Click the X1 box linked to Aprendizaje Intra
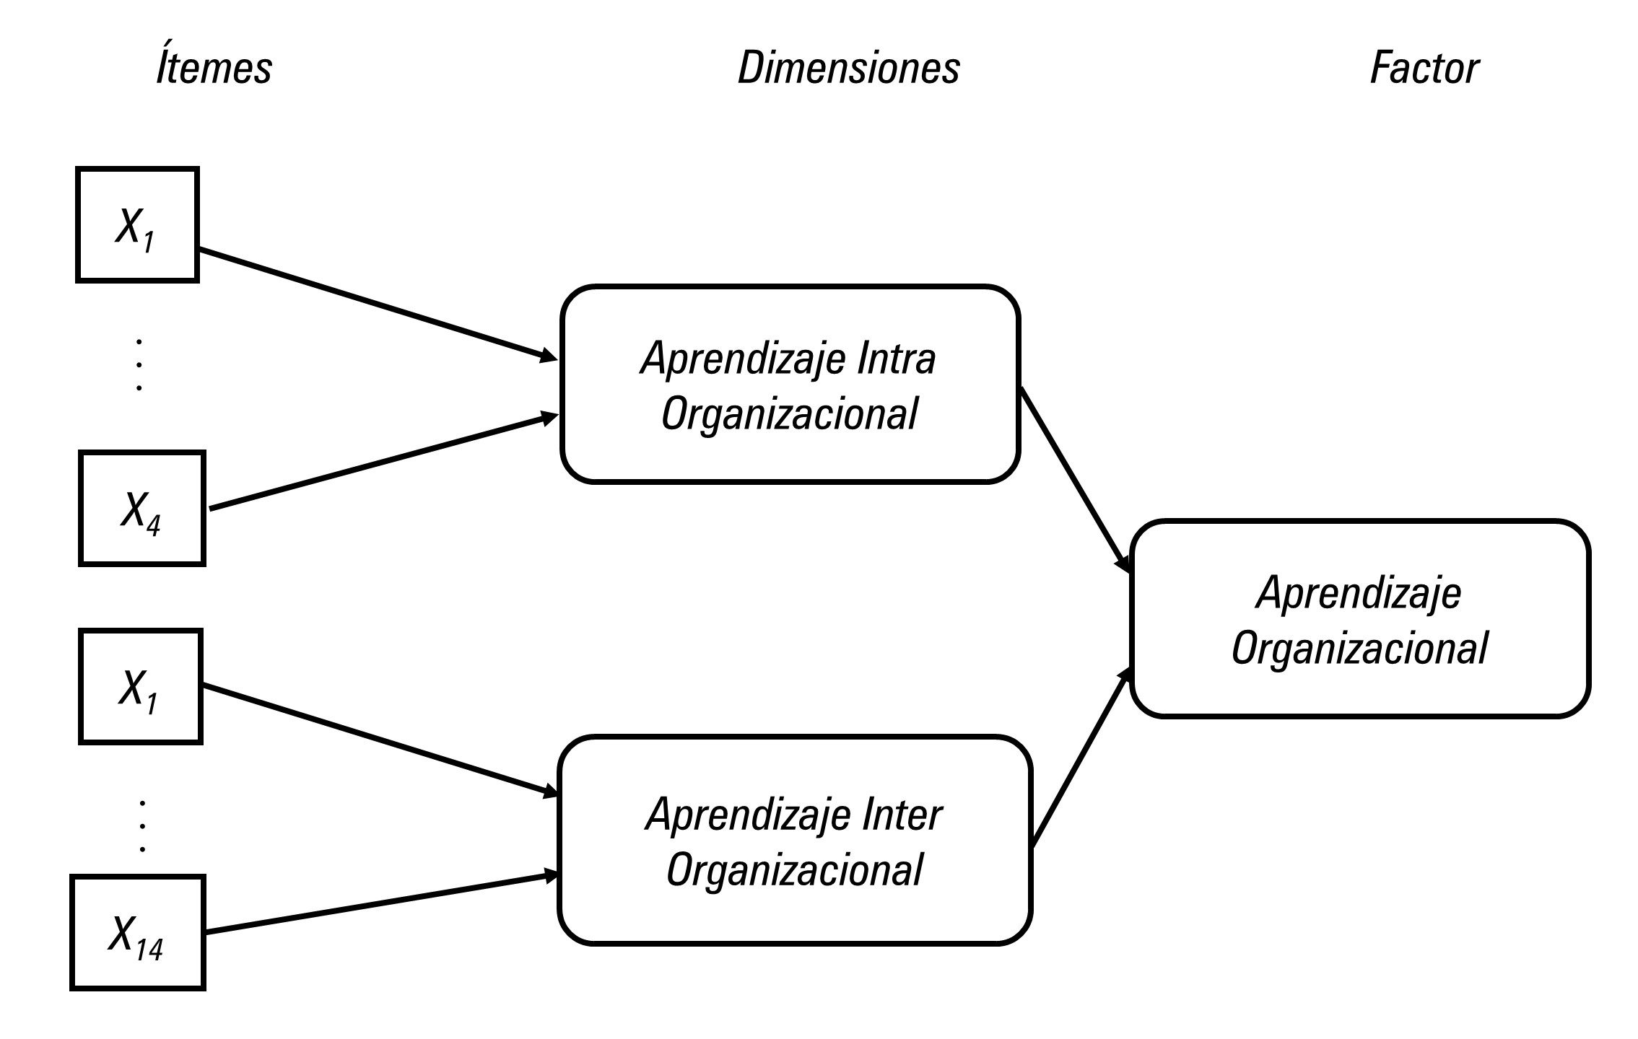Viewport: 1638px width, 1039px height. click(x=137, y=224)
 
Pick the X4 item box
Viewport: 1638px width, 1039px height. click(x=141, y=508)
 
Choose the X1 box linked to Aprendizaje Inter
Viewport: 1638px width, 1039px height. click(x=140, y=686)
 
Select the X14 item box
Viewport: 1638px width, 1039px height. click(x=137, y=932)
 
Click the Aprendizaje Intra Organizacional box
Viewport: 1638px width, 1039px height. click(x=790, y=385)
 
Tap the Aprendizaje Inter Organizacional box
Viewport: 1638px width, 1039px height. click(x=794, y=840)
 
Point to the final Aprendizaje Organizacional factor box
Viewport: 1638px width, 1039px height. click(x=1360, y=619)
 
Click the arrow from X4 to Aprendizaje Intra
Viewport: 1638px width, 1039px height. click(x=383, y=462)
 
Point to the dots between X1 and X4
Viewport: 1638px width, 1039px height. click(x=139, y=364)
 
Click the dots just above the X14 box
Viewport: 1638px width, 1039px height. click(x=142, y=825)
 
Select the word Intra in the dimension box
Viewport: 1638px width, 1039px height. click(x=896, y=359)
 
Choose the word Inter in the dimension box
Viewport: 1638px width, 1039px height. click(x=902, y=815)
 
